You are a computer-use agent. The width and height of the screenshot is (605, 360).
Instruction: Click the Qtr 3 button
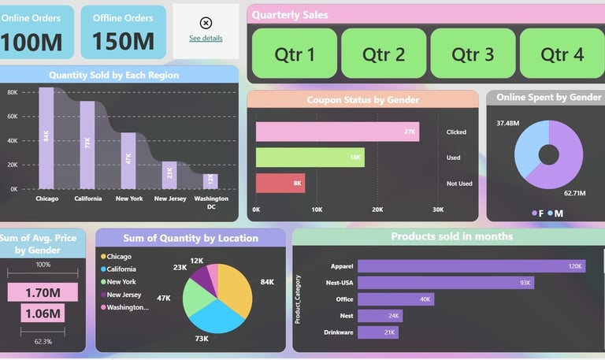click(473, 54)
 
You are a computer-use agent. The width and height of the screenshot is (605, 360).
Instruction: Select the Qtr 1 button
click(295, 54)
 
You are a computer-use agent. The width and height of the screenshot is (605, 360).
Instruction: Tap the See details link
click(206, 38)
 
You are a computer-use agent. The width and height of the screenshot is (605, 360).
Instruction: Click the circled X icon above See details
click(206, 23)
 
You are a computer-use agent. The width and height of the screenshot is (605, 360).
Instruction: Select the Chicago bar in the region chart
click(46, 138)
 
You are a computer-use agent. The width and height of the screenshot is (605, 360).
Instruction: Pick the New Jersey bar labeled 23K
click(169, 175)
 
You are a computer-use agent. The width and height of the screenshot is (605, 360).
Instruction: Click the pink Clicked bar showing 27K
click(337, 132)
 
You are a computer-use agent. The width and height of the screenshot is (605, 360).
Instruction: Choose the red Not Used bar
click(280, 183)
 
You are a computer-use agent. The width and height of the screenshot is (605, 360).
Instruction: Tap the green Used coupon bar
click(310, 158)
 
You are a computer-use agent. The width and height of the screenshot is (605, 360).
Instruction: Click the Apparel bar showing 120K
click(472, 266)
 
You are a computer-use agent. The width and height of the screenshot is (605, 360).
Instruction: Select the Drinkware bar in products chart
click(378, 332)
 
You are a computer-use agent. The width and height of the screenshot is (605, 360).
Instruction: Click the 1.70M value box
click(43, 293)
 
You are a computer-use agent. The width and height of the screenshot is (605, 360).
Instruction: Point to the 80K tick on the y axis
click(13, 92)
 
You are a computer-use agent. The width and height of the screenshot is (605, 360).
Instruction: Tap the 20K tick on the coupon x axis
click(377, 210)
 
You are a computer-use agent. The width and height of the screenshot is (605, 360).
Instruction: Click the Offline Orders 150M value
click(124, 41)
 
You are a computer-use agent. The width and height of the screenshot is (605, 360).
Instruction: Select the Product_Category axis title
click(298, 299)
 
